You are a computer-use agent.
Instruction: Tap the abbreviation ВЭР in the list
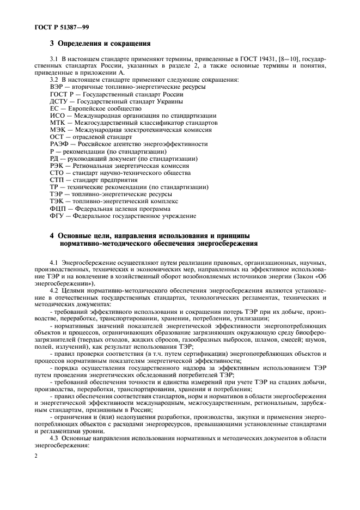tap(57, 87)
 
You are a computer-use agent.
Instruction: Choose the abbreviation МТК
tap(58, 123)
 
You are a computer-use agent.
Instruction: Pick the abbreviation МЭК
tap(58, 130)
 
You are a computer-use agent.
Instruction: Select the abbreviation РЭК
tap(57, 165)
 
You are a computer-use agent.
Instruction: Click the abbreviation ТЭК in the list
tap(57, 201)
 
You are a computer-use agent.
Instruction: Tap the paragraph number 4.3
tap(54, 439)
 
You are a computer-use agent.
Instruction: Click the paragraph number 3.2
tap(54, 80)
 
